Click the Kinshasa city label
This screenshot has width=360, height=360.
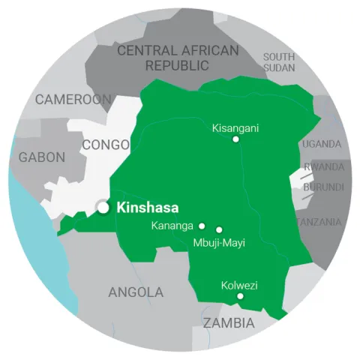pyautogui.click(x=148, y=208)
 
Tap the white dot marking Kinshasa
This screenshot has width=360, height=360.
pyautogui.click(x=103, y=208)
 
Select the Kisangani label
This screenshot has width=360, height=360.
pyautogui.click(x=235, y=127)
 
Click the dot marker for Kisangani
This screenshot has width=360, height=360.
pyautogui.click(x=235, y=139)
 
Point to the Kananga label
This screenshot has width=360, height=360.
pyautogui.click(x=172, y=225)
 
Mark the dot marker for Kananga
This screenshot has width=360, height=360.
pyautogui.click(x=202, y=225)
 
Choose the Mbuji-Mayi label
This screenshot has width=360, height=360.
pyautogui.click(x=219, y=243)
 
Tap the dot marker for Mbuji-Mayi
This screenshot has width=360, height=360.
pyautogui.click(x=219, y=230)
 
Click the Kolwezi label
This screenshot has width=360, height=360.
pyautogui.click(x=240, y=285)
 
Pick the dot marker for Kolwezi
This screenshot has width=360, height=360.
pyautogui.click(x=240, y=296)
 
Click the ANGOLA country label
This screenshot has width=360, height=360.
pyautogui.click(x=136, y=292)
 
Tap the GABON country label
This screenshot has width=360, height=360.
pyautogui.click(x=41, y=157)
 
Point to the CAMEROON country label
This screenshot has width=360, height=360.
pyautogui.click(x=73, y=99)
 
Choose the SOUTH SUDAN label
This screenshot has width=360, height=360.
pyautogui.click(x=279, y=62)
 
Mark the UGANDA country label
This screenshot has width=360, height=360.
pyautogui.click(x=322, y=144)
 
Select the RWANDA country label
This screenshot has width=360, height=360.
pyautogui.click(x=324, y=166)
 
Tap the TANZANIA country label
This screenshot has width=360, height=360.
pyautogui.click(x=320, y=222)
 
